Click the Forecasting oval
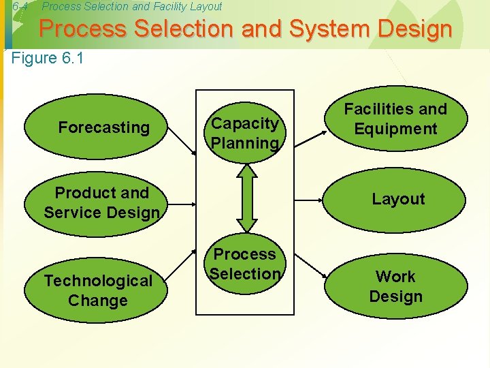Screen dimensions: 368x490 tap(103, 127)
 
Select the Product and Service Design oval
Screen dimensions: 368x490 tap(101, 202)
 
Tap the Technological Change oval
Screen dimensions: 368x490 tap(98, 290)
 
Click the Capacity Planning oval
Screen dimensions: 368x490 tap(244, 133)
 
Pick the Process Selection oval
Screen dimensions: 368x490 tap(244, 264)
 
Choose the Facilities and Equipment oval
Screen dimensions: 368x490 tap(395, 119)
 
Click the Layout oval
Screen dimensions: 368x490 tap(397, 199)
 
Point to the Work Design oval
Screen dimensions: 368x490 tap(395, 286)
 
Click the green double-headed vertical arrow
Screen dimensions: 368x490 tap(246, 198)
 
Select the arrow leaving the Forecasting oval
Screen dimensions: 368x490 tap(180, 143)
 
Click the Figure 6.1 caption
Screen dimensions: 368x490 tap(48, 58)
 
